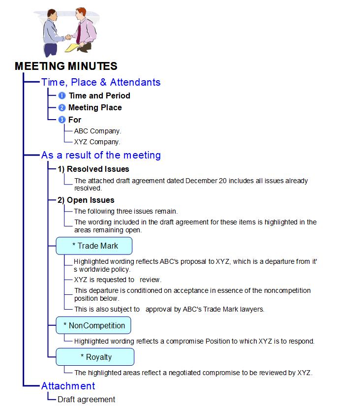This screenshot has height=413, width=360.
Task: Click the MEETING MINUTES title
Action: point(66,66)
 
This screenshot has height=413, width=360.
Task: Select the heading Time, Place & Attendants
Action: point(101,82)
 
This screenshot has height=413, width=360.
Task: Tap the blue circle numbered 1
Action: point(62,95)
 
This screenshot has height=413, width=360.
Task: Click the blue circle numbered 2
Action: point(62,107)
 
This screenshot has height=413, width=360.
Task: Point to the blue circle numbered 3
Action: point(62,120)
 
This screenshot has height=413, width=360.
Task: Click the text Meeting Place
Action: point(95,107)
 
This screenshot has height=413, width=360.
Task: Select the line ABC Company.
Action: point(97,131)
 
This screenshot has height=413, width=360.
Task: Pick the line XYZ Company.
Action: point(97,142)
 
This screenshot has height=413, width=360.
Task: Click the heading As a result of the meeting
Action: point(101,155)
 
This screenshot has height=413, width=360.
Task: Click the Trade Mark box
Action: point(94,245)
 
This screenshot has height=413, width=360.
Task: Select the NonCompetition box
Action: point(94,325)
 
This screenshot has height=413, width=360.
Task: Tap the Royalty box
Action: point(95,357)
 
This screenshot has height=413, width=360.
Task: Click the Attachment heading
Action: point(68,386)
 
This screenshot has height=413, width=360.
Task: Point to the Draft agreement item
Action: point(86,399)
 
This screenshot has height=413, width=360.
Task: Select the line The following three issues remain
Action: point(126,211)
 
